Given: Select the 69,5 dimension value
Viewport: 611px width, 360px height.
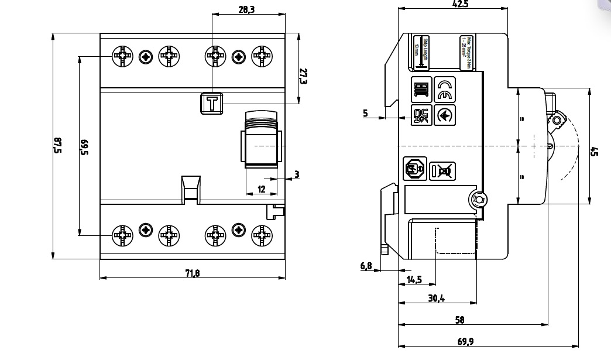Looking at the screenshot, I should (x=84, y=147).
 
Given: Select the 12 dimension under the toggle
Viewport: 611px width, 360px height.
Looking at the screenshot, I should (x=262, y=188).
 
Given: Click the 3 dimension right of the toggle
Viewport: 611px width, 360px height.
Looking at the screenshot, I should (x=297, y=174).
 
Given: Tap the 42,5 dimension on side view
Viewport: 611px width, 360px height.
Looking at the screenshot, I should (x=461, y=4).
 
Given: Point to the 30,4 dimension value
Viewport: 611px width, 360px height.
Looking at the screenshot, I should (x=436, y=298).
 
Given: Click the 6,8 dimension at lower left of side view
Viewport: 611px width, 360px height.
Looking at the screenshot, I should (x=366, y=266).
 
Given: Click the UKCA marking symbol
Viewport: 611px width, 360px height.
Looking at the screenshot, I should (x=421, y=115).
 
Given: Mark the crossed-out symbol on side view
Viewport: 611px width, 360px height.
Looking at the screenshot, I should (x=442, y=170).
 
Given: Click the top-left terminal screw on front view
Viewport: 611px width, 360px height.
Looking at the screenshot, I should (x=122, y=57).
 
